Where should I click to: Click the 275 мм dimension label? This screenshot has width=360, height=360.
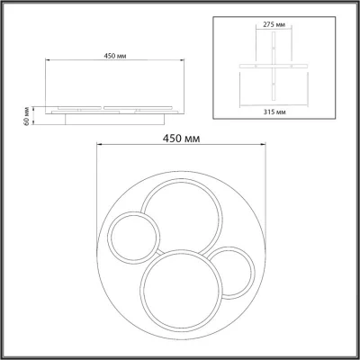274,24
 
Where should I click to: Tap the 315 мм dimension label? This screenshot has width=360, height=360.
274,112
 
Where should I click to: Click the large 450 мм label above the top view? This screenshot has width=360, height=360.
181,139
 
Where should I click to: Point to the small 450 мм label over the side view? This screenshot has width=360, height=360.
115,56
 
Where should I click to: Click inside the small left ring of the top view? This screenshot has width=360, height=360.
133,237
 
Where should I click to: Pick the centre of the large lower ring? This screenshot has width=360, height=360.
181,291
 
